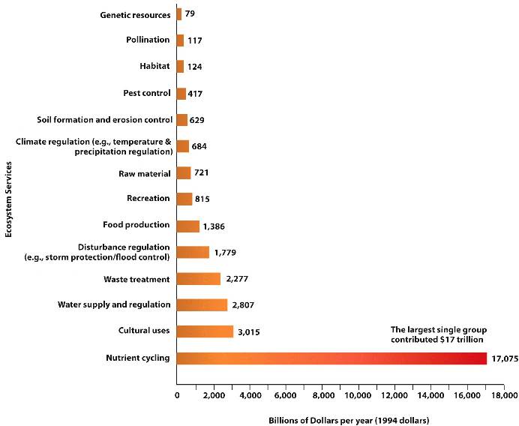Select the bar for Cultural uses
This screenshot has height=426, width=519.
point(205,331)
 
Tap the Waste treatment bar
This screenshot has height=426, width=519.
point(199,279)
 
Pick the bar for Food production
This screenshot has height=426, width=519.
point(188,226)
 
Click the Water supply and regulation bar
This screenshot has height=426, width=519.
point(202,305)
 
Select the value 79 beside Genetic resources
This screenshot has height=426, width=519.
point(190,14)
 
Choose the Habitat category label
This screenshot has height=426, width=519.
point(155,66)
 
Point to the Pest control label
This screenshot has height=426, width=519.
point(147,93)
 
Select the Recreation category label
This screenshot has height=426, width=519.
point(148,198)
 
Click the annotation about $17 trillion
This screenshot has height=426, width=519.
point(437,334)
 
